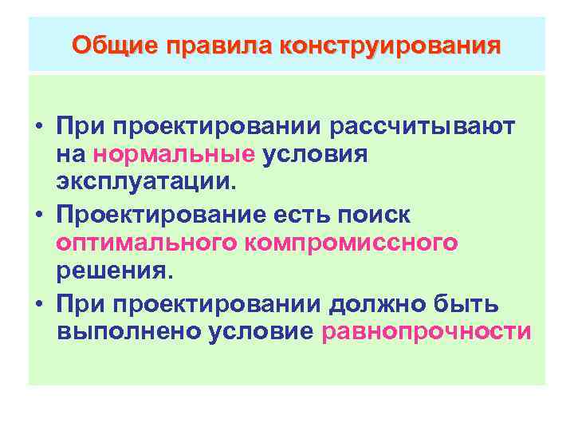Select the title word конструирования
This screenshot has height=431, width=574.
tap(390, 44)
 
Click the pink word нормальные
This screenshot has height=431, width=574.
tap(185, 154)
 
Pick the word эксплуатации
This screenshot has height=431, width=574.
tap(147, 183)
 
